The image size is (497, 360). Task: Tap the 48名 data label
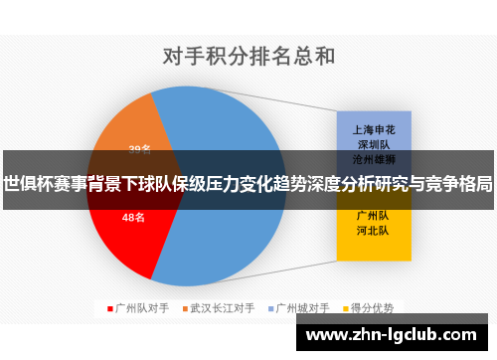(133, 217)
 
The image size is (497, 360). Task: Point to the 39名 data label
(140, 149)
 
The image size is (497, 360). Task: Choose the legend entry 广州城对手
(300, 307)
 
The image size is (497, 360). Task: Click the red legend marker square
(109, 307)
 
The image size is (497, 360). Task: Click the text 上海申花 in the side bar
(373, 129)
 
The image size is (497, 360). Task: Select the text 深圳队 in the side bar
(373, 144)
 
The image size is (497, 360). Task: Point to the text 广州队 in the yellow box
(373, 215)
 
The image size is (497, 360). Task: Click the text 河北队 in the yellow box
(373, 231)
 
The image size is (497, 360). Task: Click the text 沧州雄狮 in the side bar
(373, 158)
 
